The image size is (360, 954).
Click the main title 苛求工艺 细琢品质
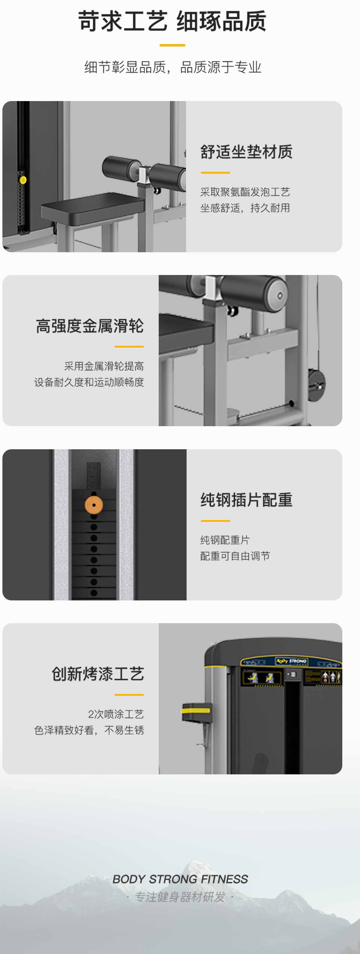tap(172, 21)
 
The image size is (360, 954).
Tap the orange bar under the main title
tap(172, 45)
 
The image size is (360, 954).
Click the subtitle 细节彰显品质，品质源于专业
tap(172, 67)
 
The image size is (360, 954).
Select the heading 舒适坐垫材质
tap(246, 152)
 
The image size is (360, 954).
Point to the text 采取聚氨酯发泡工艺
tap(245, 192)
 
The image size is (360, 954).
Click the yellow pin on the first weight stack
tap(22, 180)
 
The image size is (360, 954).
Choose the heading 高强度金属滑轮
tap(90, 326)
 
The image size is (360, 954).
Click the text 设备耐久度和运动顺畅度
tap(89, 382)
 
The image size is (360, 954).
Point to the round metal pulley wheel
tap(317, 385)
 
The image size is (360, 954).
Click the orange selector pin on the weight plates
tap(94, 505)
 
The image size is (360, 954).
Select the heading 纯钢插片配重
tap(246, 500)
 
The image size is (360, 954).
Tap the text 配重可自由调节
tap(235, 556)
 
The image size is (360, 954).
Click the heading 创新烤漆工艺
tap(98, 674)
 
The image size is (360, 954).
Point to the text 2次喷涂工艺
tap(116, 714)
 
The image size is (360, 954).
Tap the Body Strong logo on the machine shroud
tap(292, 661)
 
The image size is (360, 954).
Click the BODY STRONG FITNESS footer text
tap(180, 879)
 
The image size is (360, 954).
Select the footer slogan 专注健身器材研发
tap(180, 897)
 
